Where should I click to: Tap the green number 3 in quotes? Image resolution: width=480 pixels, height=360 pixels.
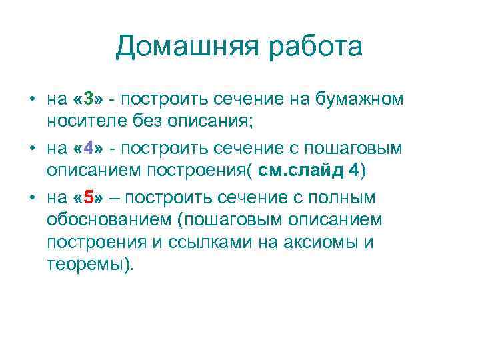coord(88,100)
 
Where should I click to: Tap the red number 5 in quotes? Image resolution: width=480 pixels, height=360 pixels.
coord(88,197)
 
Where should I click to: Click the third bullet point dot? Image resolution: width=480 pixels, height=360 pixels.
coord(31,198)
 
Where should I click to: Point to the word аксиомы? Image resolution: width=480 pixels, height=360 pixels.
coord(319,242)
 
